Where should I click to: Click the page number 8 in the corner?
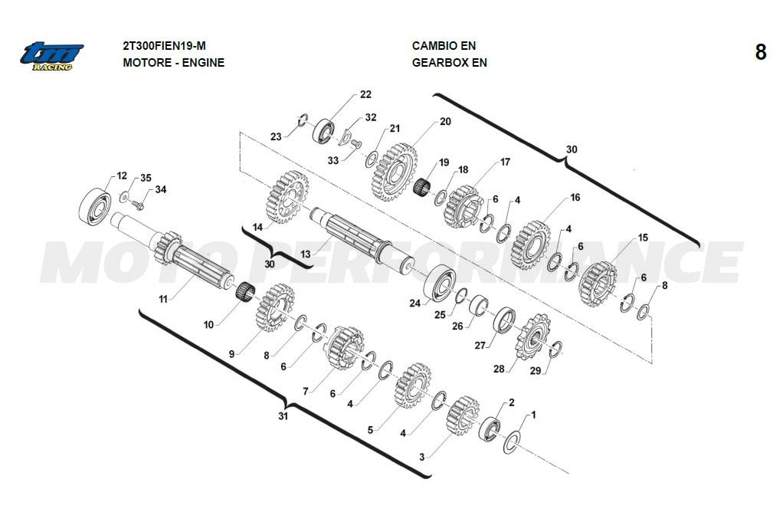(760, 52)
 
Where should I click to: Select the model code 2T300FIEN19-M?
(164, 46)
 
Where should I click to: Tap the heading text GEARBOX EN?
(449, 63)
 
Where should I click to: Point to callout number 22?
(365, 94)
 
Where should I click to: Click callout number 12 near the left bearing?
(122, 176)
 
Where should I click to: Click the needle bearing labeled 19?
(424, 186)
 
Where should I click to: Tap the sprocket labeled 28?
(527, 338)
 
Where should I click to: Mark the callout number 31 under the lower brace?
(283, 416)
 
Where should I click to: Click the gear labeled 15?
(598, 281)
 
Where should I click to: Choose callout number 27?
(480, 346)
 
